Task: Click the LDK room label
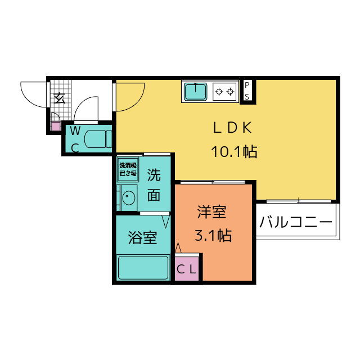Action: click(x=231, y=128)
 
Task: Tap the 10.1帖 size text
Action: click(x=234, y=151)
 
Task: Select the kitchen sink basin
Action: click(x=195, y=91)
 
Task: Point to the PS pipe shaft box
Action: click(x=247, y=90)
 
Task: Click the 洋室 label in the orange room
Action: click(x=211, y=213)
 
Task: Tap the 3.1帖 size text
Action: click(x=213, y=235)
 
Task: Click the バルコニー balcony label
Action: click(x=296, y=222)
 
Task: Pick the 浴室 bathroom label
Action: click(x=142, y=237)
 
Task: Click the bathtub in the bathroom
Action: click(x=143, y=267)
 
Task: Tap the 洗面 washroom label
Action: click(x=154, y=186)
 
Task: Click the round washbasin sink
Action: click(x=128, y=199)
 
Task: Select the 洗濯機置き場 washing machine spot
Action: click(x=127, y=170)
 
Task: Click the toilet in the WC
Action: click(x=100, y=138)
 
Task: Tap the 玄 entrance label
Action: click(x=59, y=97)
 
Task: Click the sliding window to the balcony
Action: click(x=298, y=200)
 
